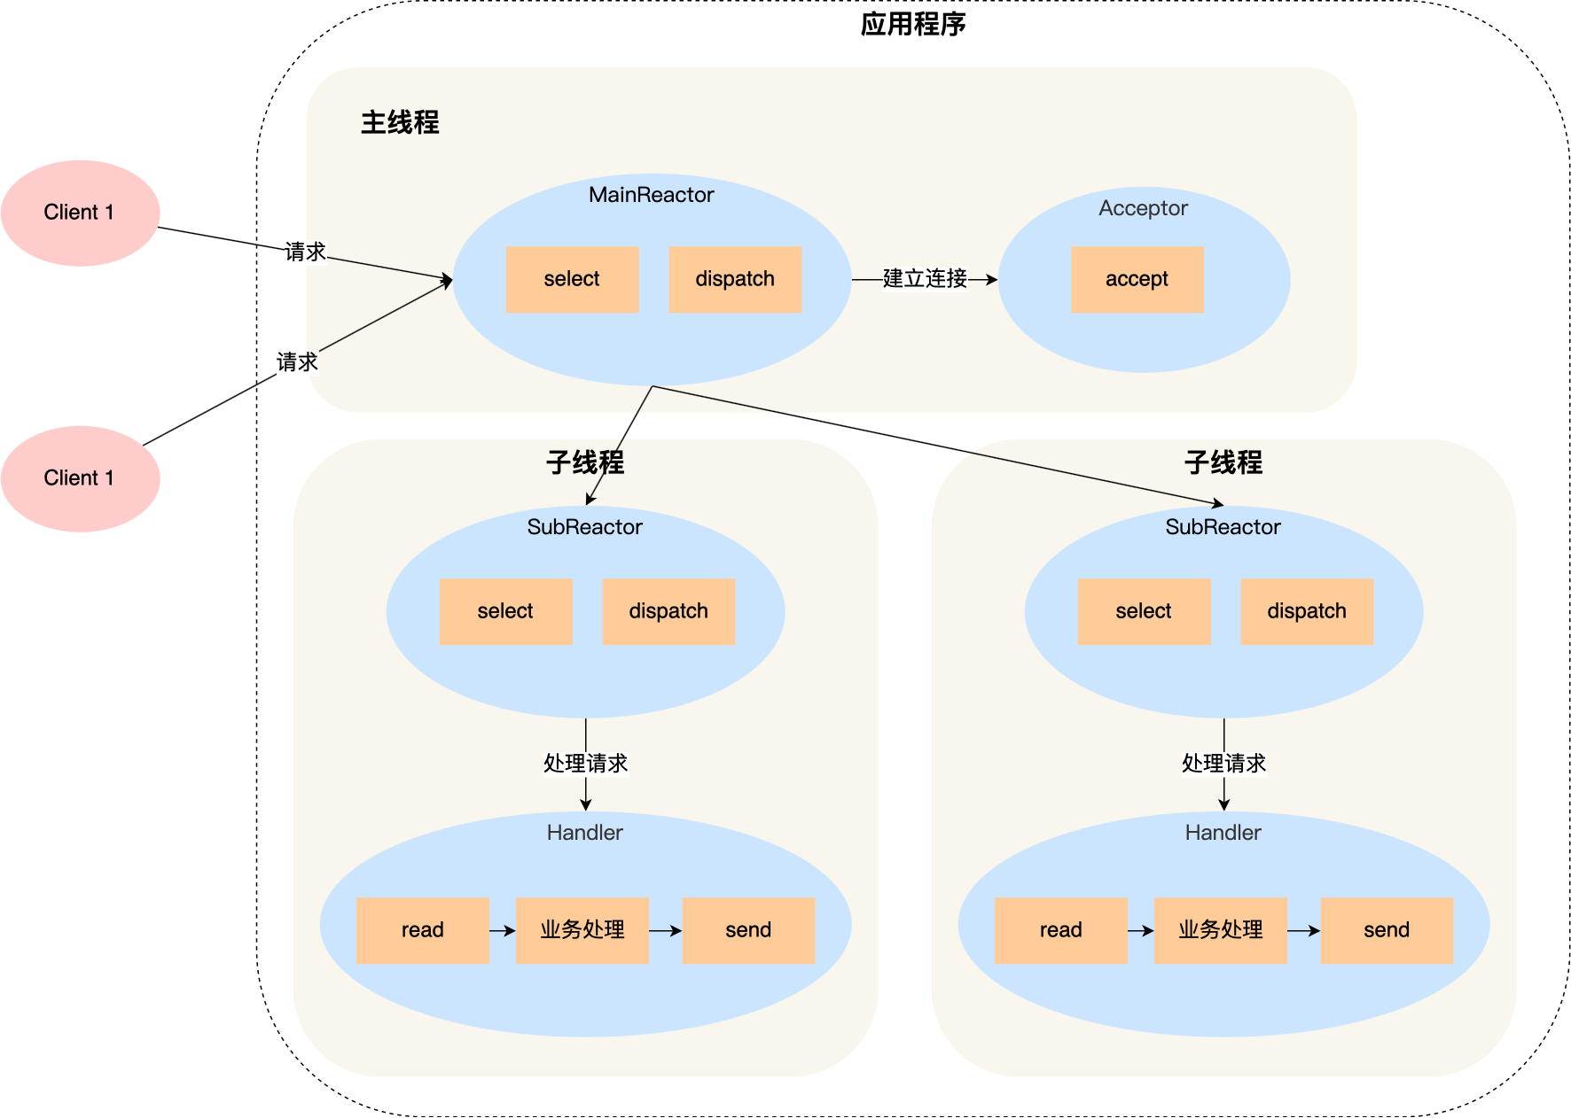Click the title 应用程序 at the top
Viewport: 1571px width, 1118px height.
pyautogui.click(x=912, y=24)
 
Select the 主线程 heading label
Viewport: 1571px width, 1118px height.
pyautogui.click(x=400, y=122)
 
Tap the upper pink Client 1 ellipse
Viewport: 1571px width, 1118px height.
pyautogui.click(x=80, y=213)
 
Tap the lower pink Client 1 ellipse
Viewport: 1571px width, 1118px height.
pyautogui.click(x=80, y=478)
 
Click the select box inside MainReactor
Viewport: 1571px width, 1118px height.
pyautogui.click(x=572, y=279)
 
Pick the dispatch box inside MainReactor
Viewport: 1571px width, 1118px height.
pyautogui.click(x=735, y=279)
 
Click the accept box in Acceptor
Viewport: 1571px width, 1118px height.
pyautogui.click(x=1137, y=279)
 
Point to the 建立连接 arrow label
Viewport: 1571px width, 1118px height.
pyautogui.click(x=925, y=279)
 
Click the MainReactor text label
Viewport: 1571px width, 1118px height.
pyautogui.click(x=652, y=195)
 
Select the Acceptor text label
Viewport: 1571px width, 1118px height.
pyautogui.click(x=1143, y=208)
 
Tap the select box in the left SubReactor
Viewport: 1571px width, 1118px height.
pyautogui.click(x=505, y=611)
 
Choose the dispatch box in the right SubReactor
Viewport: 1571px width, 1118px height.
pyautogui.click(x=1307, y=611)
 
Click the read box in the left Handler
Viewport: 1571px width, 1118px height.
pyautogui.click(x=422, y=930)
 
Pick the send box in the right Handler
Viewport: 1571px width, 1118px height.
pyautogui.click(x=1387, y=930)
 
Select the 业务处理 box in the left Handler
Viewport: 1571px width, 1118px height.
pyautogui.click(x=582, y=930)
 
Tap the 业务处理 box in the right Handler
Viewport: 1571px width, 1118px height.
pyautogui.click(x=1221, y=930)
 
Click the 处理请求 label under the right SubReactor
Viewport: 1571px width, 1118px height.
pyautogui.click(x=1223, y=764)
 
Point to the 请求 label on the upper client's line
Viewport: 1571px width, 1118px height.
pyautogui.click(x=306, y=252)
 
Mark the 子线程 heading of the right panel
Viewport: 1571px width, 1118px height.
pyautogui.click(x=1223, y=462)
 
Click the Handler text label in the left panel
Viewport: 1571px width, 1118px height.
pyautogui.click(x=585, y=833)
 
